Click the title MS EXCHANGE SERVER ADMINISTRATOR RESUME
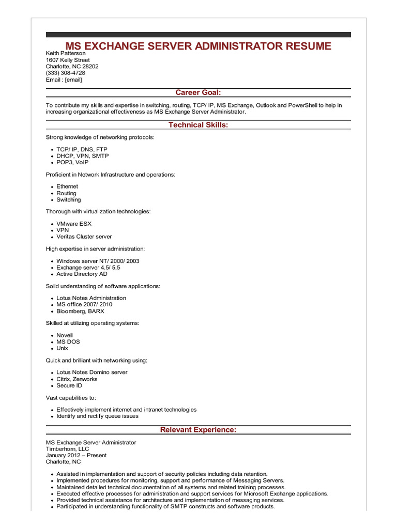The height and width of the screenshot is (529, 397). click(198, 46)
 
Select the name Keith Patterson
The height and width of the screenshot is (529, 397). click(66, 53)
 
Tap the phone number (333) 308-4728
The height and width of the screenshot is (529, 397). click(66, 73)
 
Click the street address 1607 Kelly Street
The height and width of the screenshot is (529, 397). click(68, 60)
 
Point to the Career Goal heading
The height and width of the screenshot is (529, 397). click(198, 92)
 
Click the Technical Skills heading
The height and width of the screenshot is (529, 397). click(198, 125)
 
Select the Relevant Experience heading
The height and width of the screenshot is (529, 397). click(198, 430)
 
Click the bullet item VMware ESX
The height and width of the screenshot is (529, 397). click(74, 224)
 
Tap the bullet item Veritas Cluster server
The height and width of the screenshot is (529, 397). click(84, 237)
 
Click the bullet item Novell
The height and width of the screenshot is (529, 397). click(65, 335)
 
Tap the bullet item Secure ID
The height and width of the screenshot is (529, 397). click(69, 385)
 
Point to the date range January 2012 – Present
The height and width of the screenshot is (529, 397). click(76, 455)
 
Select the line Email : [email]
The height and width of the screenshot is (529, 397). click(64, 80)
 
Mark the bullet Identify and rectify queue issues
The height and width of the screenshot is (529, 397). click(97, 416)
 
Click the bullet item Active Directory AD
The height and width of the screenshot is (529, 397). click(82, 274)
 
